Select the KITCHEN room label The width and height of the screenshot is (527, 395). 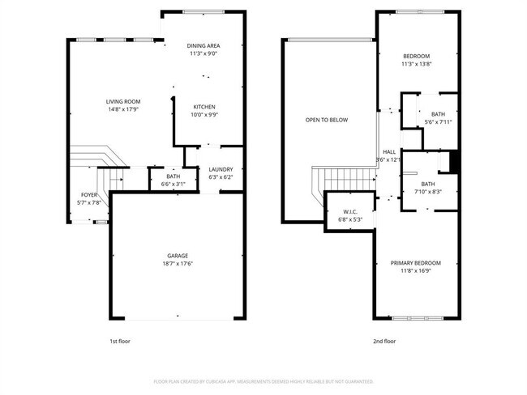204,107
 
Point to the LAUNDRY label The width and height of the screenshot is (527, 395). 221,169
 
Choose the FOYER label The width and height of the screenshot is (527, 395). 89,195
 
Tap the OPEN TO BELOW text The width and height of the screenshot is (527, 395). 327,120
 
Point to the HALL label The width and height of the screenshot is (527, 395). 389,151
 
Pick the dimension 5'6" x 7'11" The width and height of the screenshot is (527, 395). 438,121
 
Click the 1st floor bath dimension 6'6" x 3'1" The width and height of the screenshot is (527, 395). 174,184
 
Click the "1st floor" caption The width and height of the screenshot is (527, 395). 119,342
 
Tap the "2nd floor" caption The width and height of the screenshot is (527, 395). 385,342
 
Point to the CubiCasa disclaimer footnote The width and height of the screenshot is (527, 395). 263,381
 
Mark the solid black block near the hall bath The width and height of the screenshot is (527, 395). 454,161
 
